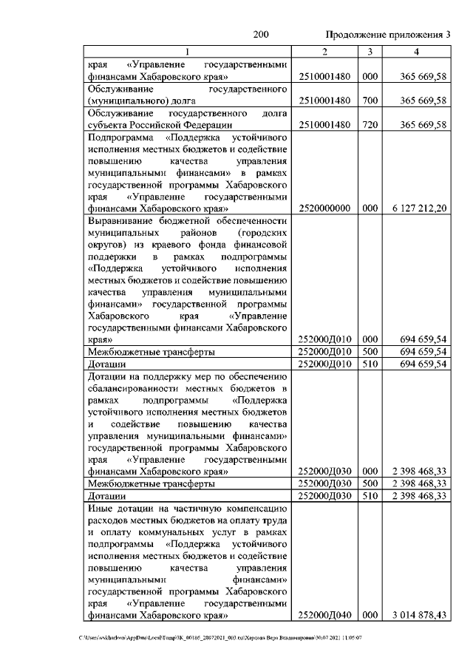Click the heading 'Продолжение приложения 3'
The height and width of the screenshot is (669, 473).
click(387, 35)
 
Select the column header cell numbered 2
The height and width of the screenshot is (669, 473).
click(324, 51)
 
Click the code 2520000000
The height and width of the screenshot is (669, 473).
click(324, 209)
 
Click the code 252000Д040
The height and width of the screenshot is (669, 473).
click(324, 614)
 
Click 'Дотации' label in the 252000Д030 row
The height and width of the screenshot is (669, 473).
click(106, 496)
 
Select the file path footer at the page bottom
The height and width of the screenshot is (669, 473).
click(222, 637)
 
